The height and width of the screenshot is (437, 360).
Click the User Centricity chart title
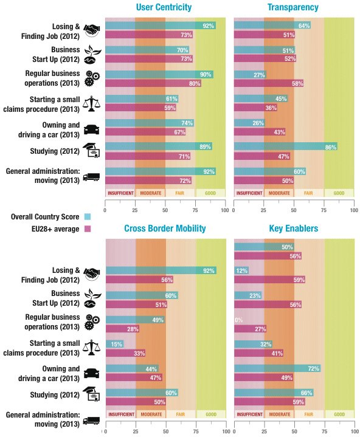point(165,8)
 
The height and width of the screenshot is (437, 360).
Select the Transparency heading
point(293,8)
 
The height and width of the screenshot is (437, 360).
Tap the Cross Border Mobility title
point(165,229)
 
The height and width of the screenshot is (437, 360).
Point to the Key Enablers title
point(293,229)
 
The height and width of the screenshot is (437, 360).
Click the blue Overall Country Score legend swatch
point(87,216)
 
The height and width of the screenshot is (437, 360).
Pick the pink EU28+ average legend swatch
point(87,229)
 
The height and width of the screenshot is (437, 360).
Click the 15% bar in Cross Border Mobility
point(114,344)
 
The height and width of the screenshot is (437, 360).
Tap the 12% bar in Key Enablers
point(241,270)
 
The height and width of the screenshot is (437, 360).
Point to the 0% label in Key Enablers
point(238,320)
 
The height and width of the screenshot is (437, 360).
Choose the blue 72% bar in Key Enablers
point(277,368)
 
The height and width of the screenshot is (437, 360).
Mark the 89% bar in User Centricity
point(158,146)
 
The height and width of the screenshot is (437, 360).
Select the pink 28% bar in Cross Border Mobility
point(122,329)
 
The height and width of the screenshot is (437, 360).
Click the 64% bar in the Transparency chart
point(272,26)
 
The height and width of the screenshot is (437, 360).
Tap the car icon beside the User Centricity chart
point(91,128)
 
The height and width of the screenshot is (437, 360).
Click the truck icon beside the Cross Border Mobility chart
point(91,419)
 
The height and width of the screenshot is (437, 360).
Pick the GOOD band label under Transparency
point(339,193)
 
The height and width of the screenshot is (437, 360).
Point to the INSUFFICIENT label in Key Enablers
point(249,414)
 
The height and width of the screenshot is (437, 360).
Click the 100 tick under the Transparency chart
point(354,210)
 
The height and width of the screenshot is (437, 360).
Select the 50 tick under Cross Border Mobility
point(165,431)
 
